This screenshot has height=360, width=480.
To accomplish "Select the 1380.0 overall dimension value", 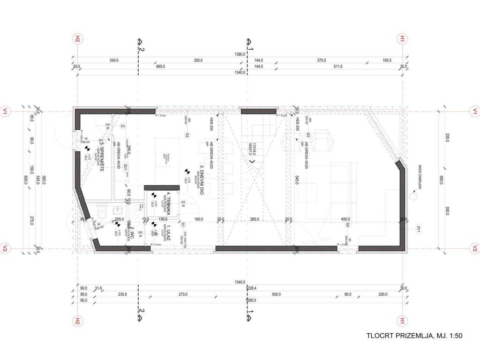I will tap(240, 54).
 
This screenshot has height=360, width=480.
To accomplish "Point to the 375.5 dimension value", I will tap(321, 60).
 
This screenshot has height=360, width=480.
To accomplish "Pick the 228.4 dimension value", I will tap(254, 288).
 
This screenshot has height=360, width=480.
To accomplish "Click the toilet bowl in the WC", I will tap(103, 212).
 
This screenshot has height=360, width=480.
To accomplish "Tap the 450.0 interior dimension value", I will tap(345, 219).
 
